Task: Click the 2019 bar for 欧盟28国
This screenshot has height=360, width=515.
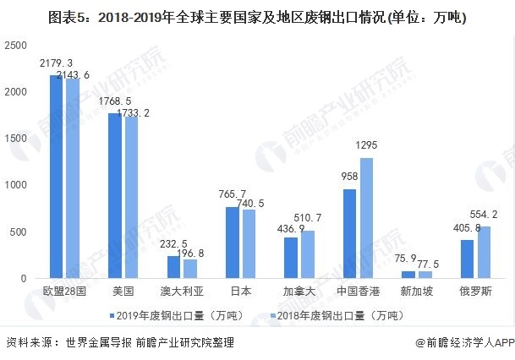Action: tap(56, 177)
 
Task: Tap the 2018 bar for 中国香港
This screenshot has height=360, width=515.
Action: tap(365, 218)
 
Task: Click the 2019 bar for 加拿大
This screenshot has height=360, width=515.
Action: tap(291, 258)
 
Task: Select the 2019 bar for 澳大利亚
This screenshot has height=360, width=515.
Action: tap(173, 267)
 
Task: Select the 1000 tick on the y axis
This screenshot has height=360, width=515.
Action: tap(16, 185)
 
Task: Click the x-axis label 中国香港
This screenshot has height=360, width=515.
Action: tap(356, 292)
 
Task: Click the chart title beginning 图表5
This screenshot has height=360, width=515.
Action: tap(257, 16)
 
